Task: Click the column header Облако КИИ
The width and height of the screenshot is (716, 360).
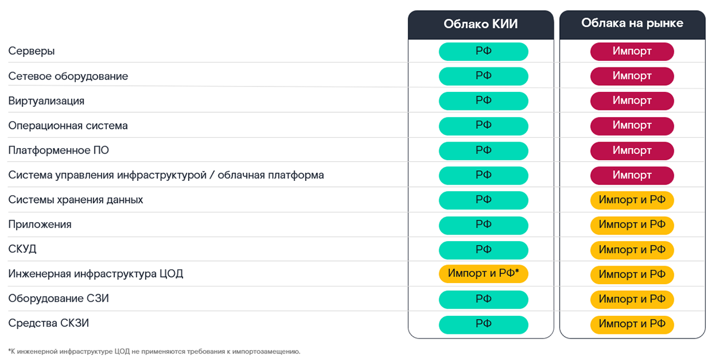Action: point(480,24)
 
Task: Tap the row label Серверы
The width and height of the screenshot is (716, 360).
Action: point(32,51)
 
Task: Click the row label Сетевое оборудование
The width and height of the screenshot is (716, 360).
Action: point(68,76)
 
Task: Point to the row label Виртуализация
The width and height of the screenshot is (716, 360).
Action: point(46,101)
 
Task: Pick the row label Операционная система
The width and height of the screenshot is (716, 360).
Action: point(68,126)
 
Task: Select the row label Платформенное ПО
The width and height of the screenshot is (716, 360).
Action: point(58,150)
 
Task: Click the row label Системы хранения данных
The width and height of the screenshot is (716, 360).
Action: point(76,199)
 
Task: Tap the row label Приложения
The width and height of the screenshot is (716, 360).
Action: point(40,224)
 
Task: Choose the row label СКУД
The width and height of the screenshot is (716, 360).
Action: point(23,250)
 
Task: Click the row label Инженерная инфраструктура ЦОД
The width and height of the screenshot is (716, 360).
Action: point(95,274)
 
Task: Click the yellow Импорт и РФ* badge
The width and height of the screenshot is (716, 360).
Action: point(483,274)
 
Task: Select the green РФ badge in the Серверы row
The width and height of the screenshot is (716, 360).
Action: point(483,51)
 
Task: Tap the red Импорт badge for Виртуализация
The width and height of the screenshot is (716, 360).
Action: point(632,101)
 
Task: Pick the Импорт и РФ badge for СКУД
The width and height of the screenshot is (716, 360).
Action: point(632,250)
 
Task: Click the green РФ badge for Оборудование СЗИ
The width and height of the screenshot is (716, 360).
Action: point(483,299)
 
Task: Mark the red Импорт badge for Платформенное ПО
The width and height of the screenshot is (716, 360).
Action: point(632,150)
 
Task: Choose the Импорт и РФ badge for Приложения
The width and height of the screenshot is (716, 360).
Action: point(632,224)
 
